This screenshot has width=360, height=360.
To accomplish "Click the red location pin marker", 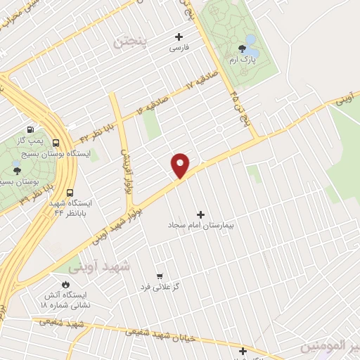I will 181,165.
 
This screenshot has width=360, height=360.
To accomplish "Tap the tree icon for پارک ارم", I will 243,49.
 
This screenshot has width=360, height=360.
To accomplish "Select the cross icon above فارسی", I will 179,37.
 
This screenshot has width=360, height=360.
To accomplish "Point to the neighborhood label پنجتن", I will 131,42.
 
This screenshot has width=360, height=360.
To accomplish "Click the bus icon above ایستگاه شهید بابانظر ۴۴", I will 70,192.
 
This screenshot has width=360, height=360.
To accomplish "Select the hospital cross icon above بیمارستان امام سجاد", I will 201,214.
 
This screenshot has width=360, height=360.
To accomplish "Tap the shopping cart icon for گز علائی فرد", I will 160,276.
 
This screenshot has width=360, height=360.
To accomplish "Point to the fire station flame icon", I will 65,284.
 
